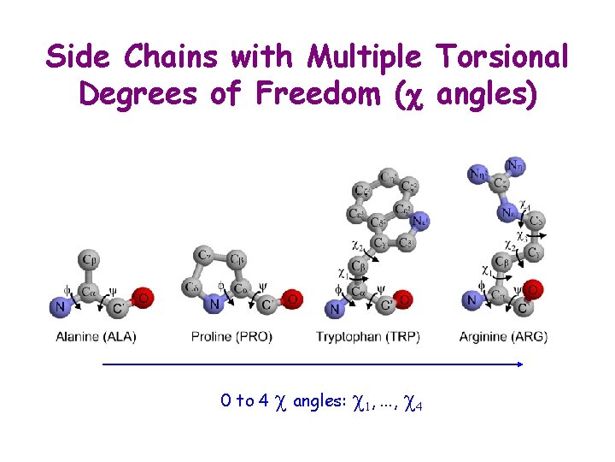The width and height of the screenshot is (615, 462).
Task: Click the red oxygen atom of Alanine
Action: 144,298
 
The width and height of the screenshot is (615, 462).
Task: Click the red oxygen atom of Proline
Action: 292,299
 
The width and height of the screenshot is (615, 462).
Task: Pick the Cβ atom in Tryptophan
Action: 359,267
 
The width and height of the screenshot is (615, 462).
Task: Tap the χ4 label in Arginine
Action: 525,206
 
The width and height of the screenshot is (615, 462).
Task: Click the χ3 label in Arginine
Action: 520,234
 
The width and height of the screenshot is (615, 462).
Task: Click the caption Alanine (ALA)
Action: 96,337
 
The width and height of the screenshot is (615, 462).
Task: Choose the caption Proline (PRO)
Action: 231,337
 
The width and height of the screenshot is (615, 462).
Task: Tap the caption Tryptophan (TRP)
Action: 368,337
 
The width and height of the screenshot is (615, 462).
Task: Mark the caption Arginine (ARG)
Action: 503,337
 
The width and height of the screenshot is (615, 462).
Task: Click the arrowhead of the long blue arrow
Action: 518,364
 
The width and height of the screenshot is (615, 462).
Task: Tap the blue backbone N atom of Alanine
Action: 60,305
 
